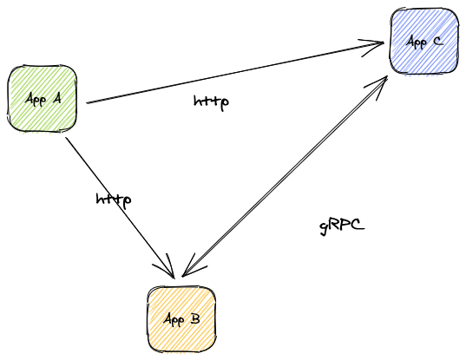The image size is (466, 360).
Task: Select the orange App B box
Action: click(x=181, y=319)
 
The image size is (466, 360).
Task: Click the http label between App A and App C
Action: click(x=211, y=101)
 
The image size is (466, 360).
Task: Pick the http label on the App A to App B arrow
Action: click(x=114, y=200)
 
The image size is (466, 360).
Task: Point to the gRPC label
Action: click(x=341, y=226)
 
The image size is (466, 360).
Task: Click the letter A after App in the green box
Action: click(x=56, y=98)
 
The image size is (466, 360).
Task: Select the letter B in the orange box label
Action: click(x=195, y=319)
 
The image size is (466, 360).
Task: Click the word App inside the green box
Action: click(x=36, y=99)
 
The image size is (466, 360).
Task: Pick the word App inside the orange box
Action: click(x=174, y=320)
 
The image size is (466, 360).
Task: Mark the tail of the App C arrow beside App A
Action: click(x=89, y=102)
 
